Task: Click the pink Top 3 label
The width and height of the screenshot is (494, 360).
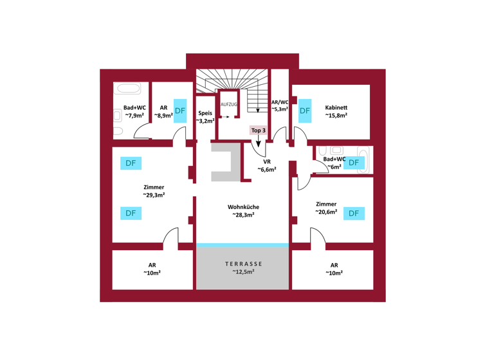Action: (258, 130)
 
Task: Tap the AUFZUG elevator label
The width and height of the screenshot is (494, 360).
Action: (228, 104)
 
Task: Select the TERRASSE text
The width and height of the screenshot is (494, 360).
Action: (243, 264)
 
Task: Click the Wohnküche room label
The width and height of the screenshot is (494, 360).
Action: (243, 207)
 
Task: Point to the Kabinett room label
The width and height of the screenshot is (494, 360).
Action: (336, 107)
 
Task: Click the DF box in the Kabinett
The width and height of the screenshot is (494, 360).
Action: (304, 111)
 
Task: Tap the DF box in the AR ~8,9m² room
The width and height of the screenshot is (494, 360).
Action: (180, 111)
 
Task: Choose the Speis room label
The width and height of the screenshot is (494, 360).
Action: (205, 113)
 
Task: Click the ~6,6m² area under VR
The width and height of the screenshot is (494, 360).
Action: (267, 170)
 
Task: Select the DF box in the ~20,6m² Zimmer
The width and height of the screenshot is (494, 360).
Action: (354, 213)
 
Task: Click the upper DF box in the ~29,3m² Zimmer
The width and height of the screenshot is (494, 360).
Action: (131, 163)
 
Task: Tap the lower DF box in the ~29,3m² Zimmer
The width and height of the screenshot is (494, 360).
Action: (131, 213)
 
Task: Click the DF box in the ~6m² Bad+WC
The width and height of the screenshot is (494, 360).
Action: (353, 163)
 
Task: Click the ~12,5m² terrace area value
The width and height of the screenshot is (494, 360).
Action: (243, 273)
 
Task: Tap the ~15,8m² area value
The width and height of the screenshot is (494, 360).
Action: (336, 116)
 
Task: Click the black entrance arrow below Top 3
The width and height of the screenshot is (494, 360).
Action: (258, 143)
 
